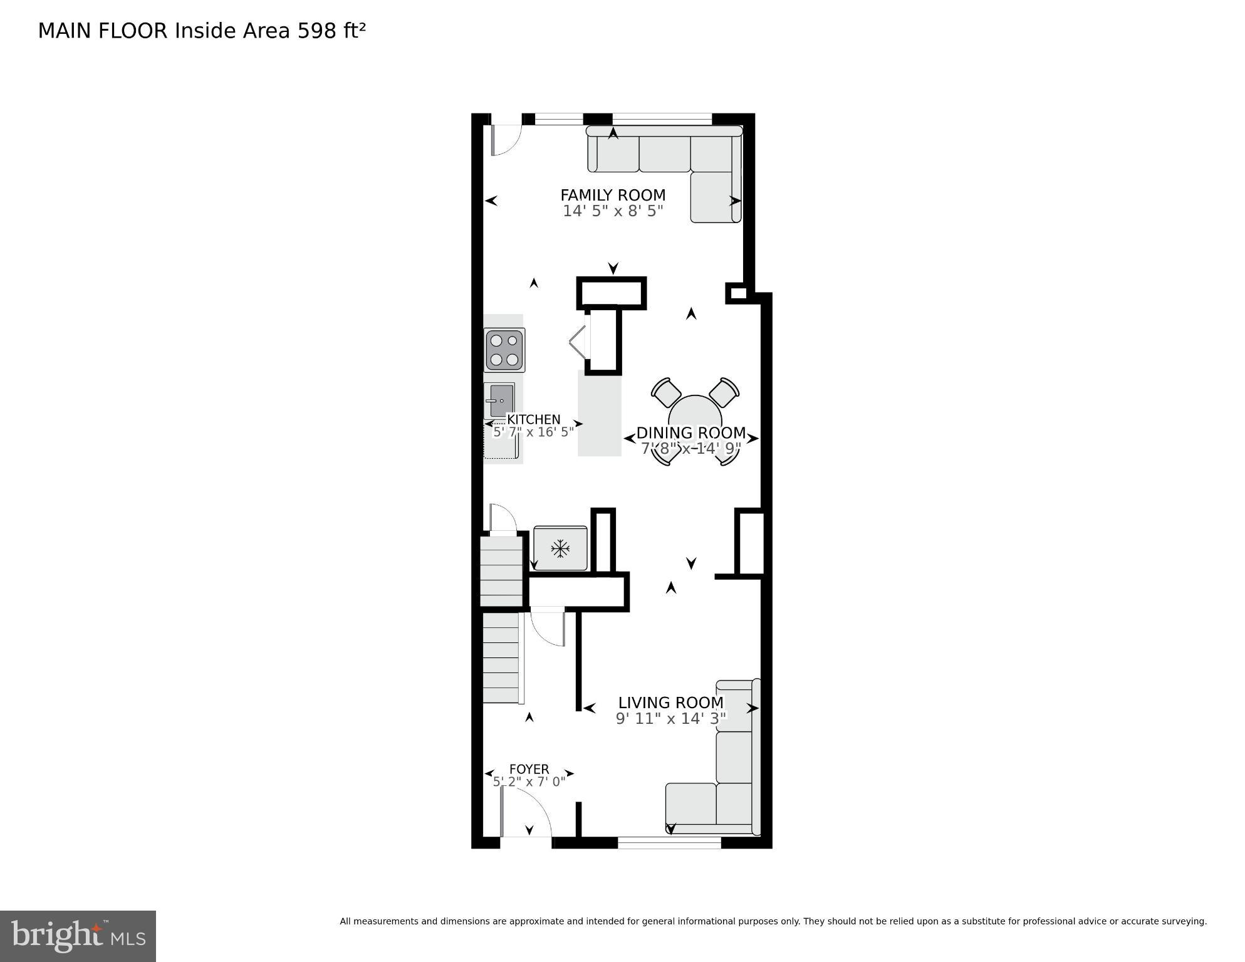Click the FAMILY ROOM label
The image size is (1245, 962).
coord(612,195)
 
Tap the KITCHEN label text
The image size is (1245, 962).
coord(533,419)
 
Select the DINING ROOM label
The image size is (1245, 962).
coord(690,432)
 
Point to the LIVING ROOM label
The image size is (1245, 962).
coord(670,703)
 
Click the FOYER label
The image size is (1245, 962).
coord(529,769)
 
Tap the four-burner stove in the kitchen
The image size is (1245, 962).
coord(504,350)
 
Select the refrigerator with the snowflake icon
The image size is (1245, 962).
coord(560,549)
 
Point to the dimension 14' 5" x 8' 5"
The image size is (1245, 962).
coord(612,211)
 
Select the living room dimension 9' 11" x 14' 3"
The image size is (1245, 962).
coord(670,719)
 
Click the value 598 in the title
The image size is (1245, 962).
coord(317,31)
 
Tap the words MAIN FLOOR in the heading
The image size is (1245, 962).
coord(103,31)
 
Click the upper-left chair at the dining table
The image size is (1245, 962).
coord(665,392)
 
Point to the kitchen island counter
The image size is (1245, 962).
coord(599,414)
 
